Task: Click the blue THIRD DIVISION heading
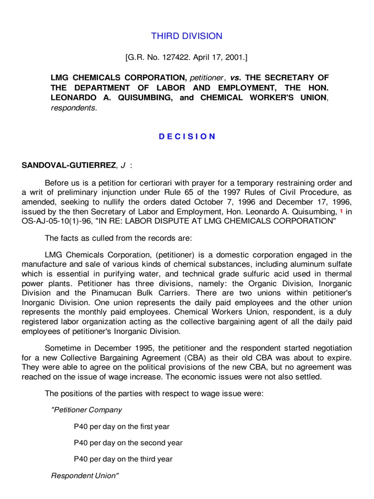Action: [187, 36]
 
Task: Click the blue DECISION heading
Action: [187, 136]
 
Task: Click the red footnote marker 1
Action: [341, 211]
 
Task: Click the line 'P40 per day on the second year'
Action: [128, 443]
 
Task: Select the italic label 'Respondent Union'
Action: [85, 476]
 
